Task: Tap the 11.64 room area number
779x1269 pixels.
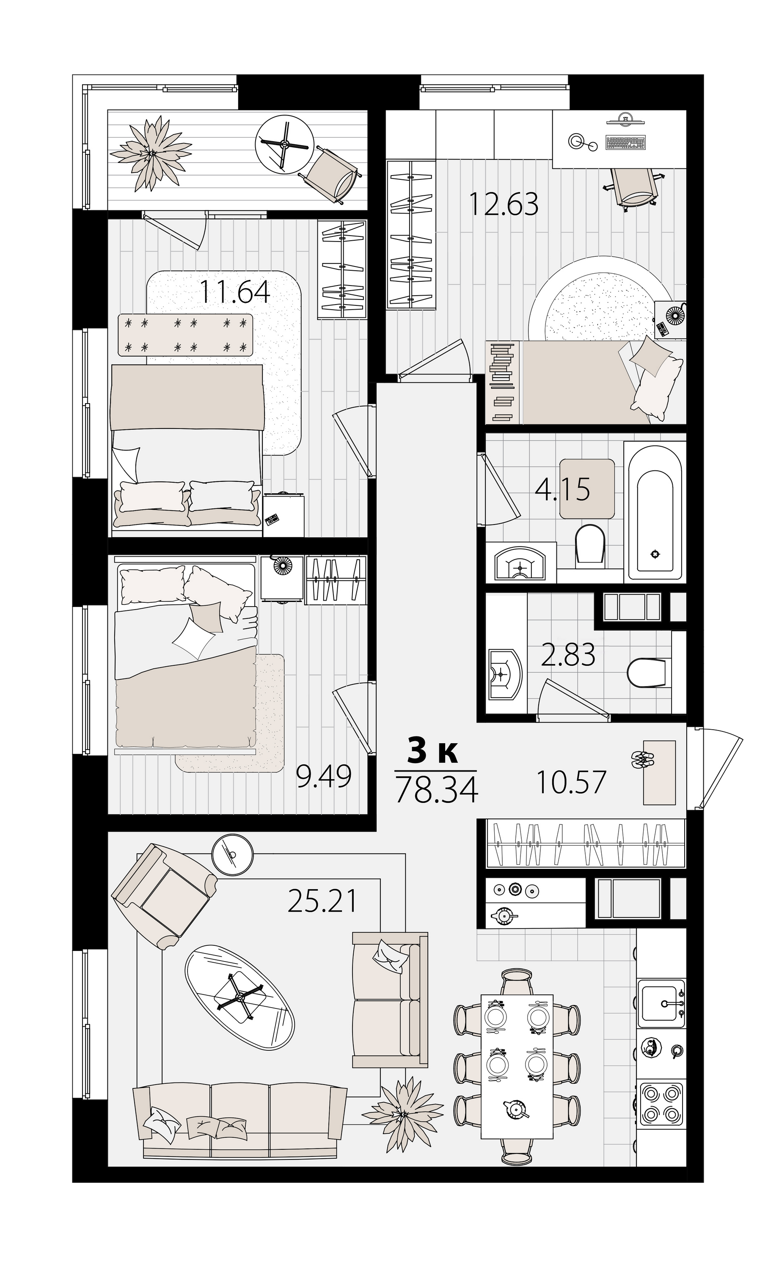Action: coord(234,291)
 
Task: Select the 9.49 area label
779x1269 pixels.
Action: coord(324,777)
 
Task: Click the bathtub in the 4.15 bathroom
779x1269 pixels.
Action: coord(655,511)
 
